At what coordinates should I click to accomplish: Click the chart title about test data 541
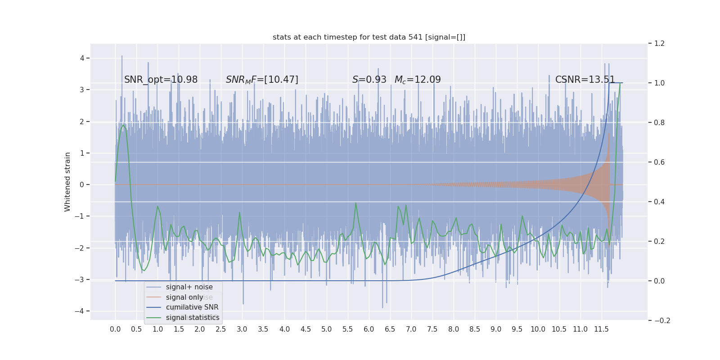point(369,37)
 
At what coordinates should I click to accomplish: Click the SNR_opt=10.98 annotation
point(161,80)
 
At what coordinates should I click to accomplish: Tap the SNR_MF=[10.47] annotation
point(262,80)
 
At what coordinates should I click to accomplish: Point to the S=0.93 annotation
point(369,80)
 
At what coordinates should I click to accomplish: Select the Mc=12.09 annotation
point(418,80)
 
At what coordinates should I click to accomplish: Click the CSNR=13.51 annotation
point(585,80)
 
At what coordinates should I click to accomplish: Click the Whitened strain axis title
point(67,182)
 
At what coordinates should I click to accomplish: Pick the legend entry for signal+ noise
point(189,287)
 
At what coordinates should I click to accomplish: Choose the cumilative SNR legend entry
point(192,307)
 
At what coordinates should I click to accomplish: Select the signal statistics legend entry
point(193,318)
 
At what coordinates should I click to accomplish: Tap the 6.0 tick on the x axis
point(369,329)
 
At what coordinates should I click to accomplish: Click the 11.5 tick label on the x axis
point(601,329)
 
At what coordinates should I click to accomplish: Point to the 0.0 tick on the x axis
point(115,329)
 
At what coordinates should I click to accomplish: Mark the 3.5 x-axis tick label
point(263,329)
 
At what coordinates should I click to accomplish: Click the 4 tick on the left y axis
point(82,58)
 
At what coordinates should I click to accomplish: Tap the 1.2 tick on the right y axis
point(659,44)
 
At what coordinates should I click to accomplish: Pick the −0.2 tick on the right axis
point(662,321)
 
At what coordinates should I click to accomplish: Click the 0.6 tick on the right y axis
point(659,162)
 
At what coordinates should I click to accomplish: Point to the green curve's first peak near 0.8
point(123,125)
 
